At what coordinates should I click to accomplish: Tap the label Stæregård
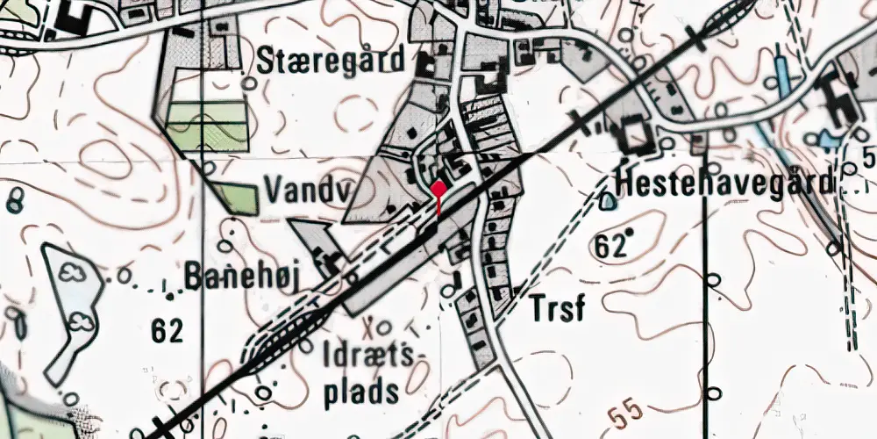[x=332, y=61]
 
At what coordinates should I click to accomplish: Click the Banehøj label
[x=242, y=277]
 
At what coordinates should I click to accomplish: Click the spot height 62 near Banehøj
[x=167, y=331]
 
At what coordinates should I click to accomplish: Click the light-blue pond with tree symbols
[x=70, y=307]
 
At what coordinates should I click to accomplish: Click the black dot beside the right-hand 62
[x=629, y=232]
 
